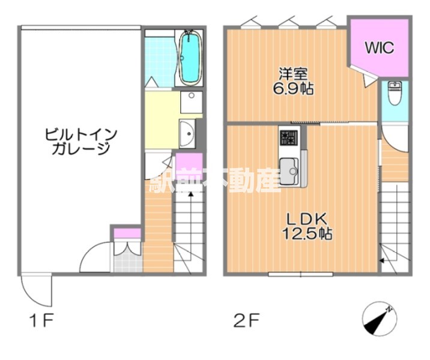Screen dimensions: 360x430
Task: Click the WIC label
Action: click(379, 48)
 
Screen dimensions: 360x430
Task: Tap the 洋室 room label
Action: click(293, 74)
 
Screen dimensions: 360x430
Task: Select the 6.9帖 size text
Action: click(293, 89)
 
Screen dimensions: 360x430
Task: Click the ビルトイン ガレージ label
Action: click(78, 141)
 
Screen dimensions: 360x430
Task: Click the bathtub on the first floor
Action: click(190, 58)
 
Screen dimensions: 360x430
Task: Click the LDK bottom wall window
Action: click(300, 274)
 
